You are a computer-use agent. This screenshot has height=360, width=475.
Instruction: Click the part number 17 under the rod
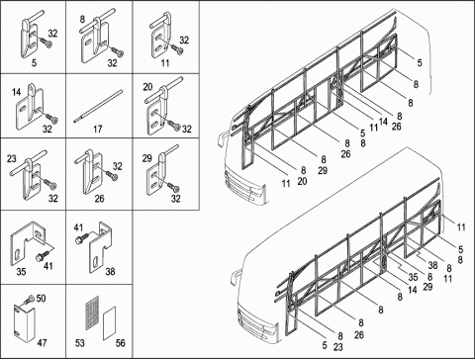click(98, 129)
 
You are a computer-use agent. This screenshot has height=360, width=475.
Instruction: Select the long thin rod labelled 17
click(98, 106)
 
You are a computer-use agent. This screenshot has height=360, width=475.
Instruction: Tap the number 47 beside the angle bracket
click(42, 343)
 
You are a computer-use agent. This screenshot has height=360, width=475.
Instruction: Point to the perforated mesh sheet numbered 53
click(92, 313)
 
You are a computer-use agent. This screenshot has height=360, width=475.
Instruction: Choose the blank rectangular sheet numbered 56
click(110, 323)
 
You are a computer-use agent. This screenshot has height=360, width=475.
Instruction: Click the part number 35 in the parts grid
click(21, 272)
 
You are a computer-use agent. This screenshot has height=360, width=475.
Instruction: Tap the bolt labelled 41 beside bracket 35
click(42, 255)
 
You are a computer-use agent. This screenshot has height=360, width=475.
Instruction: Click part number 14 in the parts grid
click(16, 92)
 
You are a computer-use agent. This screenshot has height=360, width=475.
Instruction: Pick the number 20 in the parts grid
click(147, 87)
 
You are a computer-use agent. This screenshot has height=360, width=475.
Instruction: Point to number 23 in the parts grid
click(12, 159)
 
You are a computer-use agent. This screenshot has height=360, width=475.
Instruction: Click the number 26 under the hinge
click(99, 199)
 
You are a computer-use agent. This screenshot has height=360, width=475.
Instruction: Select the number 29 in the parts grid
click(146, 158)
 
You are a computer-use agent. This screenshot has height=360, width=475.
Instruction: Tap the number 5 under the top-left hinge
click(34, 63)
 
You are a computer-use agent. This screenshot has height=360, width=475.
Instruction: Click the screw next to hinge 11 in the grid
click(176, 48)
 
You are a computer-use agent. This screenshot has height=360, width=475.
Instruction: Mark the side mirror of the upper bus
click(221, 139)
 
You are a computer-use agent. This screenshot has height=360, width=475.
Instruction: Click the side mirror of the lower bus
click(234, 279)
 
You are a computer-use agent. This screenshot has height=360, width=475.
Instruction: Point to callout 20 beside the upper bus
click(302, 181)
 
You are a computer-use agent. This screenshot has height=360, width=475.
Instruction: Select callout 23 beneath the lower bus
click(338, 347)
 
